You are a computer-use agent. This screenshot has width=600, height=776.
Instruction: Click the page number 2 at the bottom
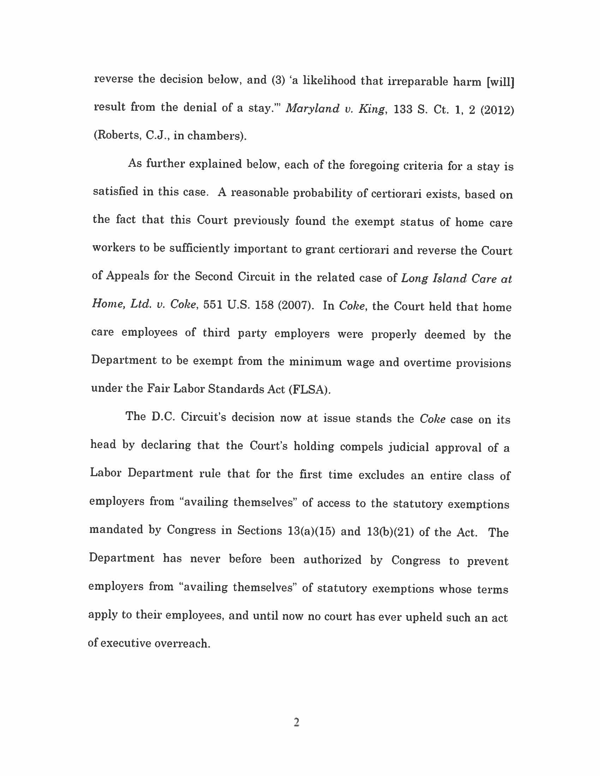tap(296, 722)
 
